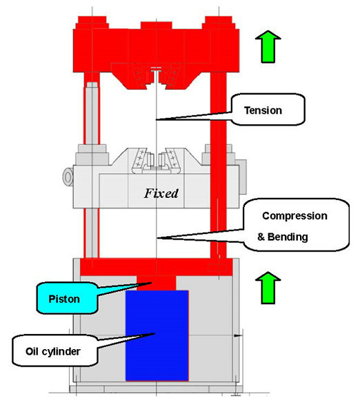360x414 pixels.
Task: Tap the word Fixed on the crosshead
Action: (x=161, y=193)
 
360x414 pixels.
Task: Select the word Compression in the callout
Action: (x=294, y=215)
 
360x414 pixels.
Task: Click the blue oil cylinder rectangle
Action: (x=157, y=335)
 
